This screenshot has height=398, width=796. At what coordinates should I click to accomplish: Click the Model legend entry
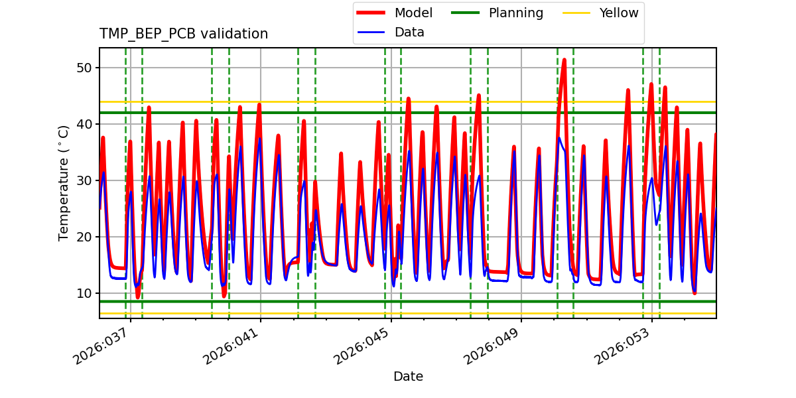413,13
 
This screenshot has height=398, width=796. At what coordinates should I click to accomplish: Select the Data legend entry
409,33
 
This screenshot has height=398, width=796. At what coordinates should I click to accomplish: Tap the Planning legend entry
515,13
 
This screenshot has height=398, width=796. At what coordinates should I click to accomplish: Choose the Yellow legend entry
618,13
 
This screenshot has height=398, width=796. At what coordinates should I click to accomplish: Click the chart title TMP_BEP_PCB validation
184,34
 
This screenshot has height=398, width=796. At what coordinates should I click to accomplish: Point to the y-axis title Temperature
64,183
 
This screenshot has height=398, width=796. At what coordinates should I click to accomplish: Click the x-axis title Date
408,377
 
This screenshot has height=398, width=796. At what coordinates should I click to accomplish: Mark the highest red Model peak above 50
564,60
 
